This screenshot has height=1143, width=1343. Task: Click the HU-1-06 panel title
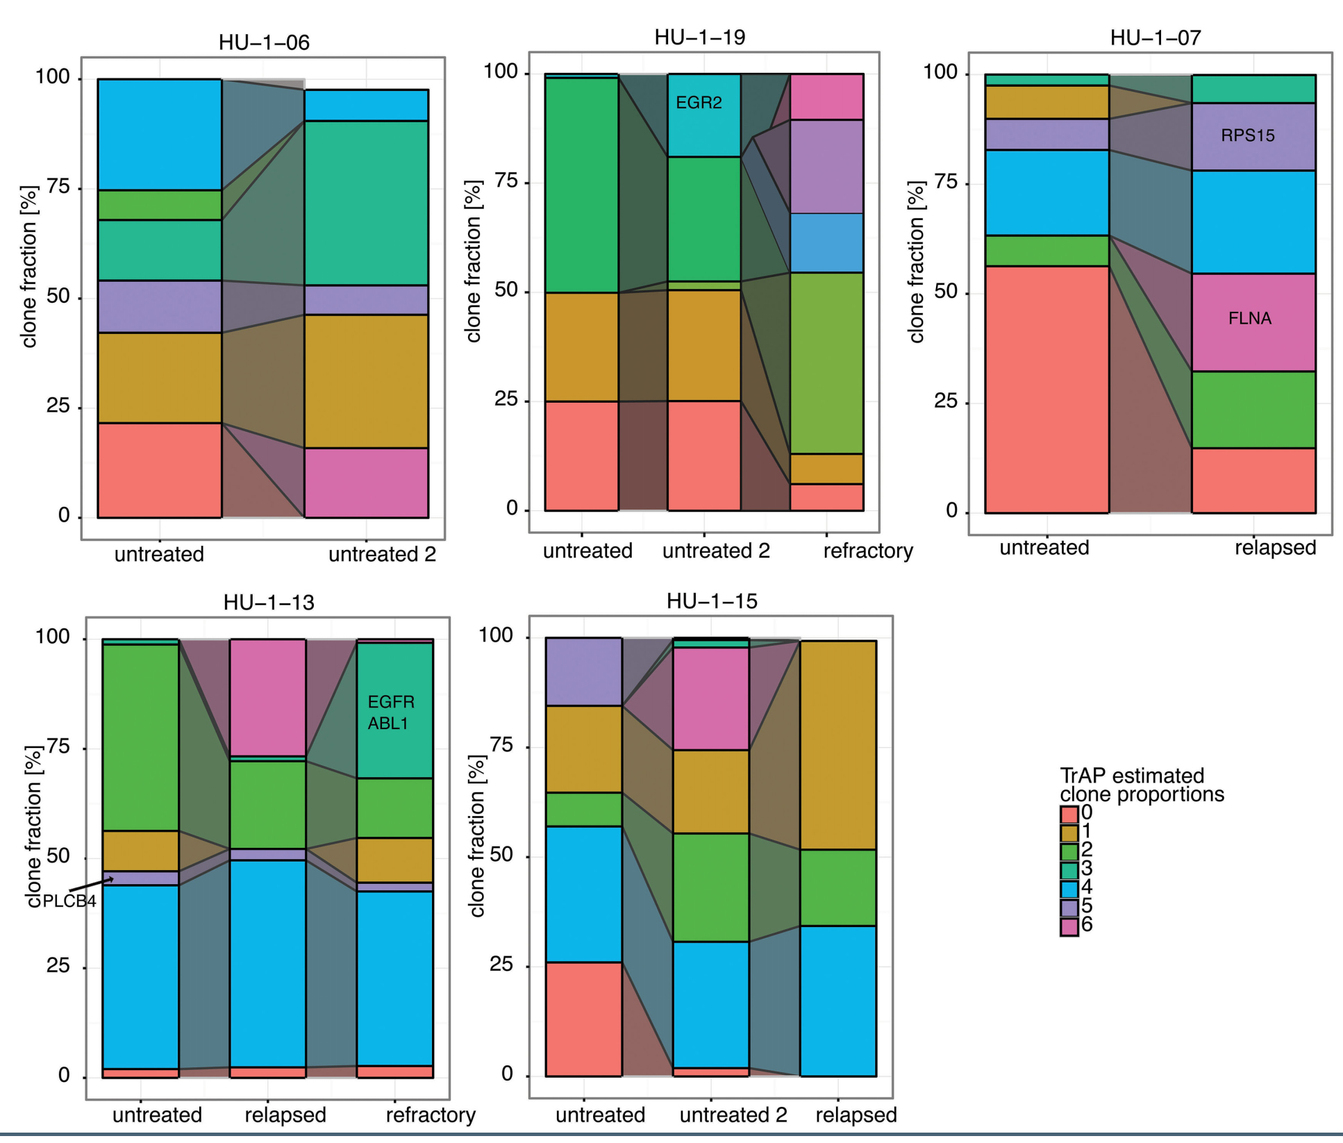(x=264, y=43)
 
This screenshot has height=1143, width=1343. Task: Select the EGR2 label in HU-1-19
(x=699, y=103)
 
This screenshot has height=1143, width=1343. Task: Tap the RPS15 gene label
(x=1248, y=135)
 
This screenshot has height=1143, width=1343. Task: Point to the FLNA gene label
(x=1250, y=319)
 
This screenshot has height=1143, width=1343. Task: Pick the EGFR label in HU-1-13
(x=391, y=702)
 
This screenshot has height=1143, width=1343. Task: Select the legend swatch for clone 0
(x=1069, y=814)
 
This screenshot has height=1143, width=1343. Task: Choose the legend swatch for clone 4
(x=1069, y=889)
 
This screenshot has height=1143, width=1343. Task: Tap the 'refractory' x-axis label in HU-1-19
(x=868, y=551)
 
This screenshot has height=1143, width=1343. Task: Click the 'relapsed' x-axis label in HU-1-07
(x=1275, y=548)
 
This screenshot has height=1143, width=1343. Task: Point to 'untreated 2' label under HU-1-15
(x=733, y=1115)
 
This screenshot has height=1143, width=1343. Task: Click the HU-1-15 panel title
(x=712, y=601)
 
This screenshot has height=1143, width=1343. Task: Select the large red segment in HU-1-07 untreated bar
(x=1046, y=389)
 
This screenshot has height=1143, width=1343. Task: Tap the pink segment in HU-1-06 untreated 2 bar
(x=366, y=483)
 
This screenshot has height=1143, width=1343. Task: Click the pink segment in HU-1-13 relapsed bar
(x=267, y=697)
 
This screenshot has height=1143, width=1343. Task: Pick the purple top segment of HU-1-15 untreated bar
(x=583, y=671)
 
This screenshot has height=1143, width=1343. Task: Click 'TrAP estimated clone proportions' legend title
(x=1142, y=785)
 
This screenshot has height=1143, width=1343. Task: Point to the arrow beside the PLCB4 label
(x=92, y=885)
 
